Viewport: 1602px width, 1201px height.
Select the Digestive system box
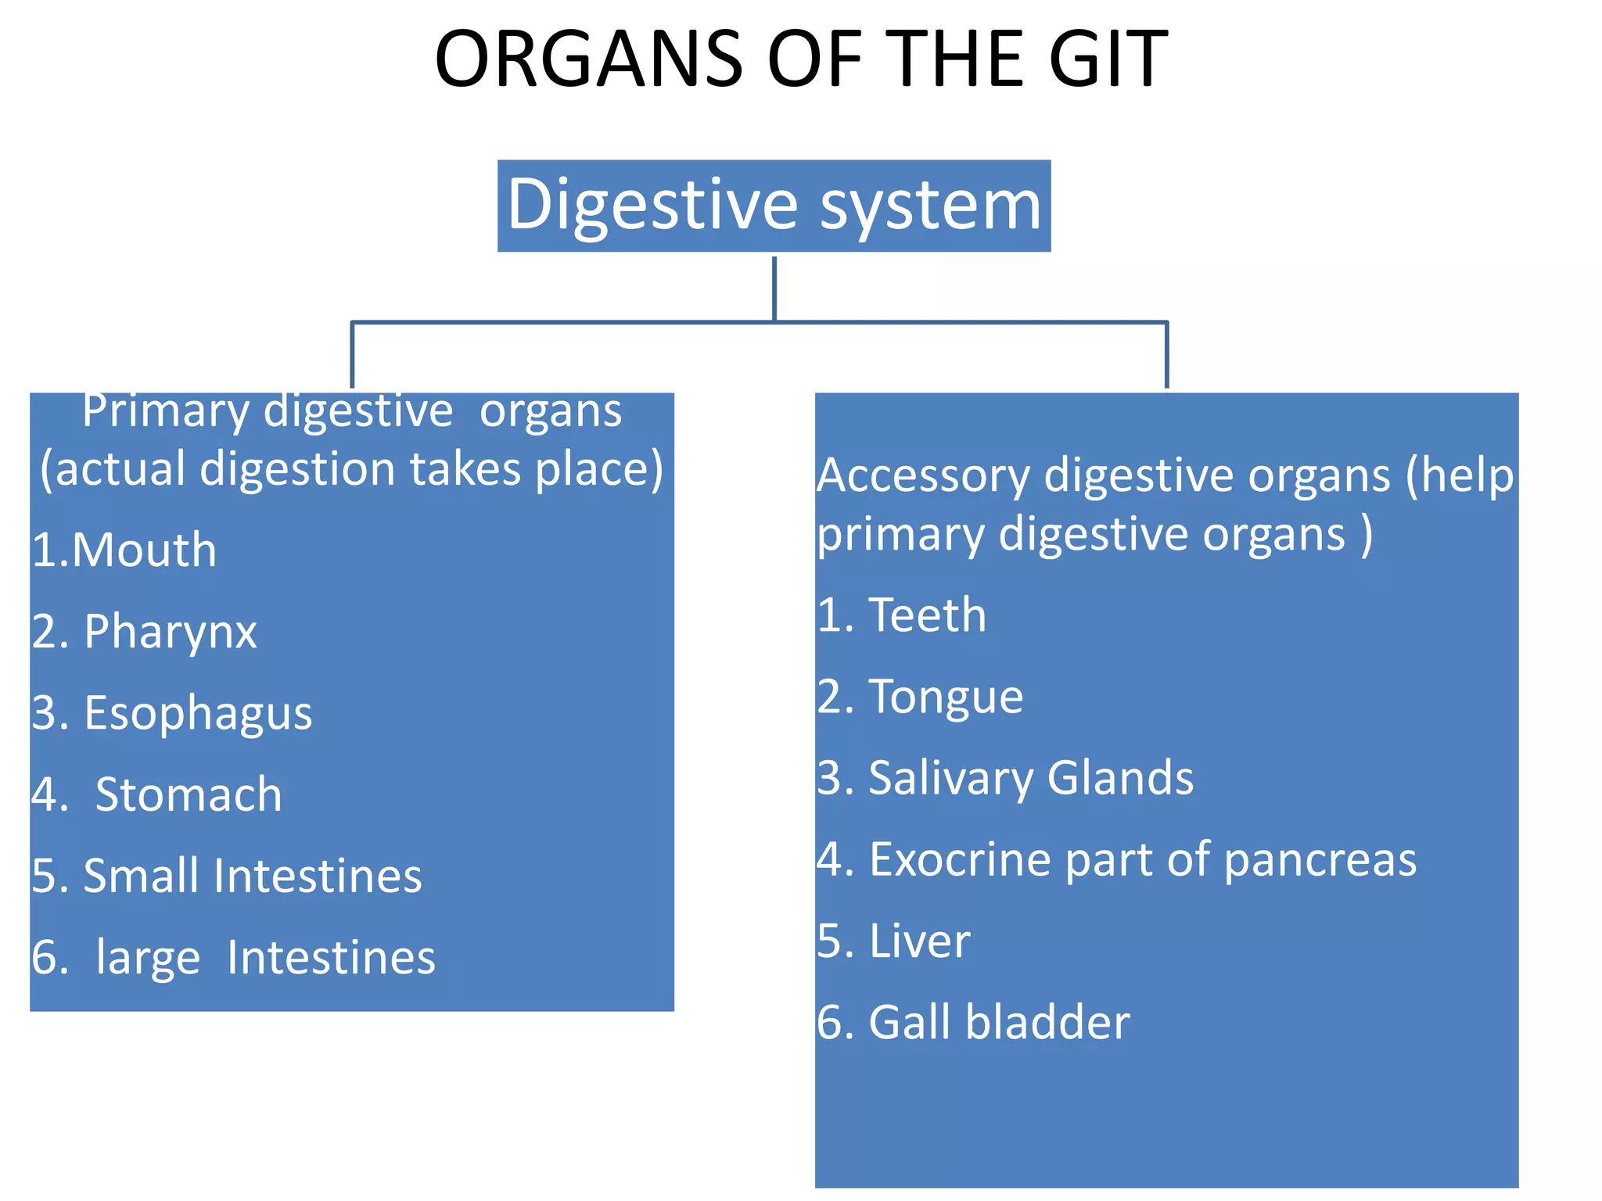tap(774, 206)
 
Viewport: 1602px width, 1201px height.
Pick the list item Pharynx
tap(170, 632)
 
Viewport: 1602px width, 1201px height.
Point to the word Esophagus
tap(197, 713)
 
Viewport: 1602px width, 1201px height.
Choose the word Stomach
tap(188, 794)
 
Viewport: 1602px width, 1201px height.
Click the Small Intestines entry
tap(252, 876)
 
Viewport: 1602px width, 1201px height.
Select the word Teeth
tap(927, 615)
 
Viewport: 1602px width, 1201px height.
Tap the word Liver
tap(919, 941)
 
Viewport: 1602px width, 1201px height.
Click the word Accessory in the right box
tap(924, 475)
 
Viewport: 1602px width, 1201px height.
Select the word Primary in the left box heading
tap(165, 410)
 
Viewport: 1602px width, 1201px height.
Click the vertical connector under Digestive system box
tap(774, 288)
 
